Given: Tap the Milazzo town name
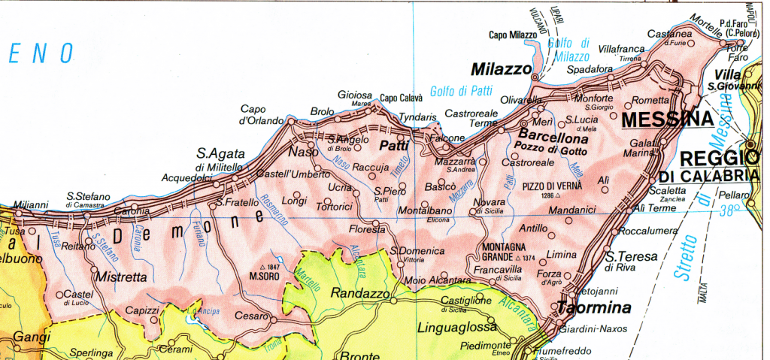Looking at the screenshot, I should pos(501,69).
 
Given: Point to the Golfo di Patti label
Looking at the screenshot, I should pos(461,92).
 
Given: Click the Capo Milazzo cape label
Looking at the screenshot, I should pos(513,35).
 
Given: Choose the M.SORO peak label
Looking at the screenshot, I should pos(265,275).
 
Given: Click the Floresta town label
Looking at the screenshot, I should pos(368,228).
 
